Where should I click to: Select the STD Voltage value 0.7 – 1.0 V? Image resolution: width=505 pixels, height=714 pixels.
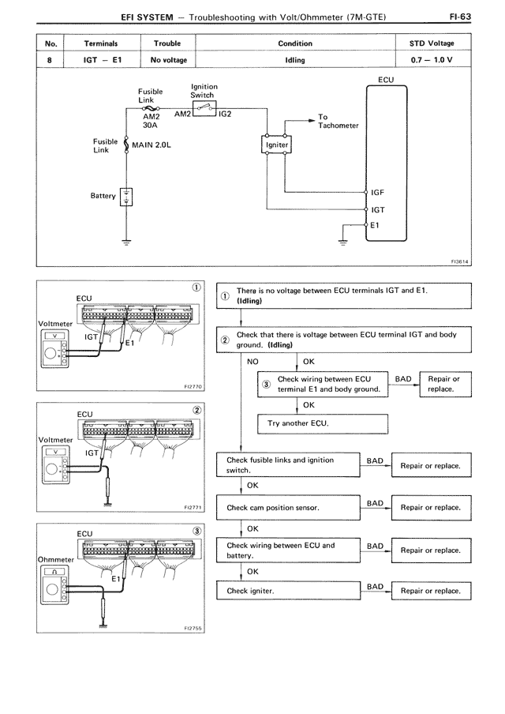(x=432, y=59)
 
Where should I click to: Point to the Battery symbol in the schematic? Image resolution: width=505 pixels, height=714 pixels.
(x=126, y=197)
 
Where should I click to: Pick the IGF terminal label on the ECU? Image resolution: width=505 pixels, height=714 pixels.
(x=378, y=193)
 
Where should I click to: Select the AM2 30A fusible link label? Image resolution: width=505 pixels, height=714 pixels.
(x=151, y=118)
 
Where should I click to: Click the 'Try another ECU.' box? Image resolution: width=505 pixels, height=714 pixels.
(x=324, y=423)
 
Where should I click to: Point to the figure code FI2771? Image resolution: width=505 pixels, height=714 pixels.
(x=193, y=508)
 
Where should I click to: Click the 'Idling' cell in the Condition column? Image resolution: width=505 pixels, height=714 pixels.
(x=295, y=59)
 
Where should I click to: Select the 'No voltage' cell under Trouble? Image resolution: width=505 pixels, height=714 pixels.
(x=167, y=59)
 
